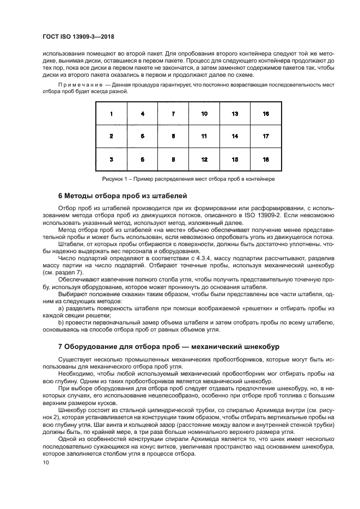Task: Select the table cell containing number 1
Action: click(112, 114)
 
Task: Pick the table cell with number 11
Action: click(204, 136)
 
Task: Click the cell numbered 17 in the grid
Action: click(266, 136)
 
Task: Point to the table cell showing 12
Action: click(204, 160)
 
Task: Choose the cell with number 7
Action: click(173, 114)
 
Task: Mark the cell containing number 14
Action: click(235, 136)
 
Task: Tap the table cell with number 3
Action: click(112, 160)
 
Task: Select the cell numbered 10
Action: click(204, 114)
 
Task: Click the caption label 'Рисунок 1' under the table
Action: click(117, 179)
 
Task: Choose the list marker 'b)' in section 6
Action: click(60, 322)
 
